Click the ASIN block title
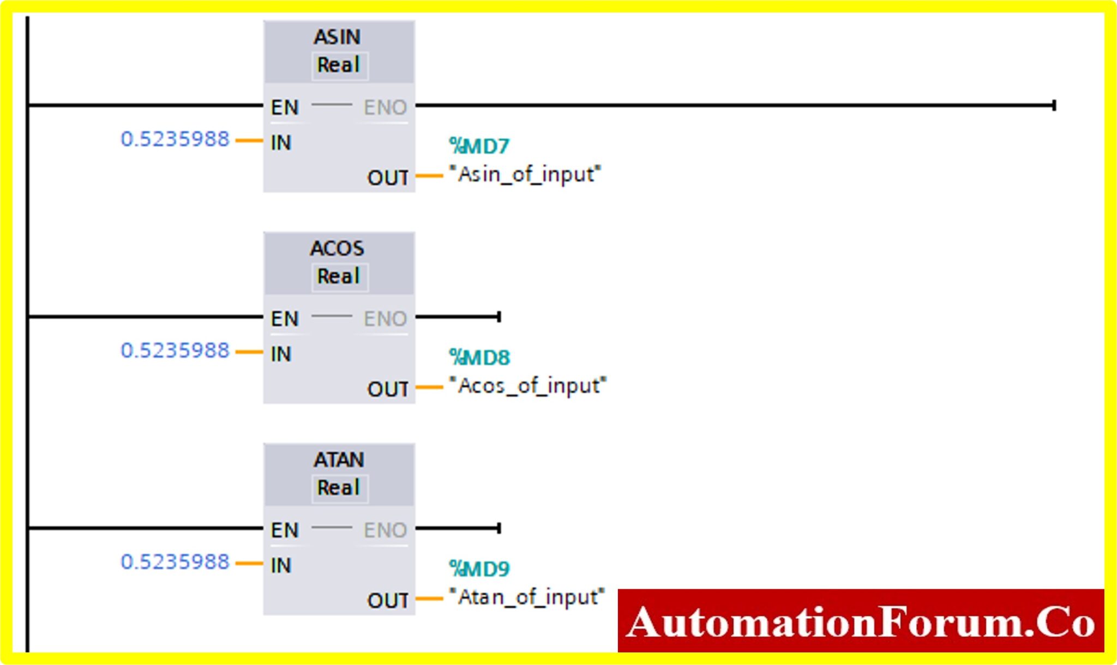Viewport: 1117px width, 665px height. [x=337, y=37]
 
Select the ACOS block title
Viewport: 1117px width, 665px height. [x=337, y=249]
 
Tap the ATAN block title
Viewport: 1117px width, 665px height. [x=338, y=460]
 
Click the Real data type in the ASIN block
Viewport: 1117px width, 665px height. [x=339, y=65]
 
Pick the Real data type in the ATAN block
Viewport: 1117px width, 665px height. [x=339, y=488]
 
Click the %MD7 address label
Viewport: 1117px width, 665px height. [x=479, y=146]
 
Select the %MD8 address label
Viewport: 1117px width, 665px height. [x=479, y=358]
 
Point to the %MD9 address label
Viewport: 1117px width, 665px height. [x=479, y=569]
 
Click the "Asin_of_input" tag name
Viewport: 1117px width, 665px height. [x=524, y=174]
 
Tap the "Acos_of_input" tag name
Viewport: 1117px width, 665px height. [x=527, y=386]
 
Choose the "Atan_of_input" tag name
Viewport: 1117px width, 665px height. [x=526, y=597]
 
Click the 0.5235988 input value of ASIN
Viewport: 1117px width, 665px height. [x=175, y=140]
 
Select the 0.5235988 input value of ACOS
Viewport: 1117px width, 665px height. [x=175, y=350]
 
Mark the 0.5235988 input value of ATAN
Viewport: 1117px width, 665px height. [x=175, y=562]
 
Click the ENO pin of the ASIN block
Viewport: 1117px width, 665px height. [x=385, y=107]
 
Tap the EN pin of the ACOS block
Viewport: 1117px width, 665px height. [x=285, y=319]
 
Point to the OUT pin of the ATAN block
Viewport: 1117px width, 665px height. [x=387, y=601]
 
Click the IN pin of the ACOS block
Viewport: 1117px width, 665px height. [x=281, y=354]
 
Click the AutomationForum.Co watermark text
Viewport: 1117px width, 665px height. [x=861, y=622]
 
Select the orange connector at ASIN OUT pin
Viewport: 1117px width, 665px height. [x=429, y=176]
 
